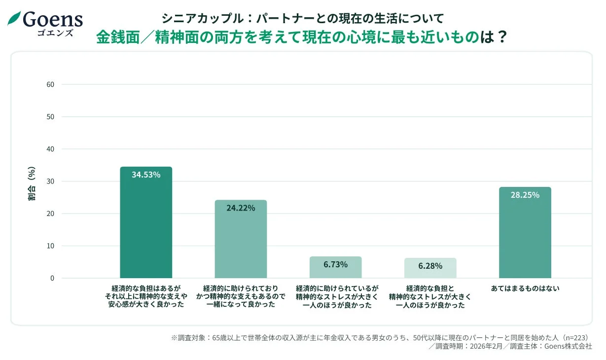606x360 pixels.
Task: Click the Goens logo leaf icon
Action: point(15,18)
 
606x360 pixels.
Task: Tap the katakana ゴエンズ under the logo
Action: point(55,33)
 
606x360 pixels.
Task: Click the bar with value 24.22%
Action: point(241,242)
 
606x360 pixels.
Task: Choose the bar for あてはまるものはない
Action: point(525,234)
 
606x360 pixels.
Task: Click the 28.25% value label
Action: point(525,195)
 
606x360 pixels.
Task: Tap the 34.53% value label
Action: point(146,175)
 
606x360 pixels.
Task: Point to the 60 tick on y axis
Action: point(50,84)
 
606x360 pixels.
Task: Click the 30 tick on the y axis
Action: point(50,181)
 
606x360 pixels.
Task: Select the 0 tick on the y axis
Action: point(52,278)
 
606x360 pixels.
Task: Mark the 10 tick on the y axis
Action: point(50,246)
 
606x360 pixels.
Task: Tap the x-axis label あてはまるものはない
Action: point(525,288)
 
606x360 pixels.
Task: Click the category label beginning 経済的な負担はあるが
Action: point(146,296)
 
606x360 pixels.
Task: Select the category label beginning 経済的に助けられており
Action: point(241,296)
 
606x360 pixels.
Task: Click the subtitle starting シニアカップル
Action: point(302,18)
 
